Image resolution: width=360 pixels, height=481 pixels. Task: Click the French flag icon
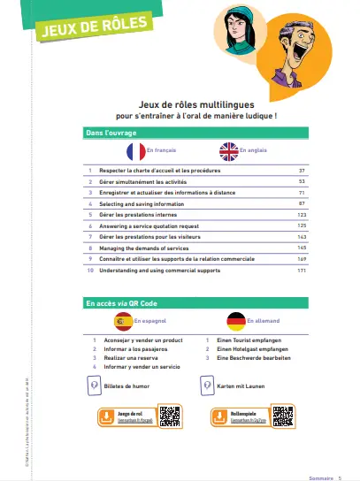click(x=135, y=151)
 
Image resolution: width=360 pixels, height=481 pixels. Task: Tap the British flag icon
click(x=229, y=151)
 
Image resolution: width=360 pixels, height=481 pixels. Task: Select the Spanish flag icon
click(x=125, y=321)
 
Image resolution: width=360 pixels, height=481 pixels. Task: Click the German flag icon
click(x=236, y=321)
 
